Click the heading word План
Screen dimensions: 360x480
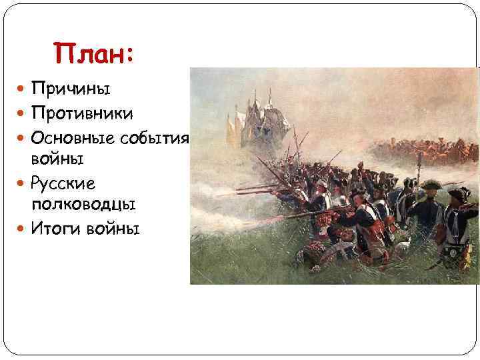91,52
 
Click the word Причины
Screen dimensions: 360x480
70,88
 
